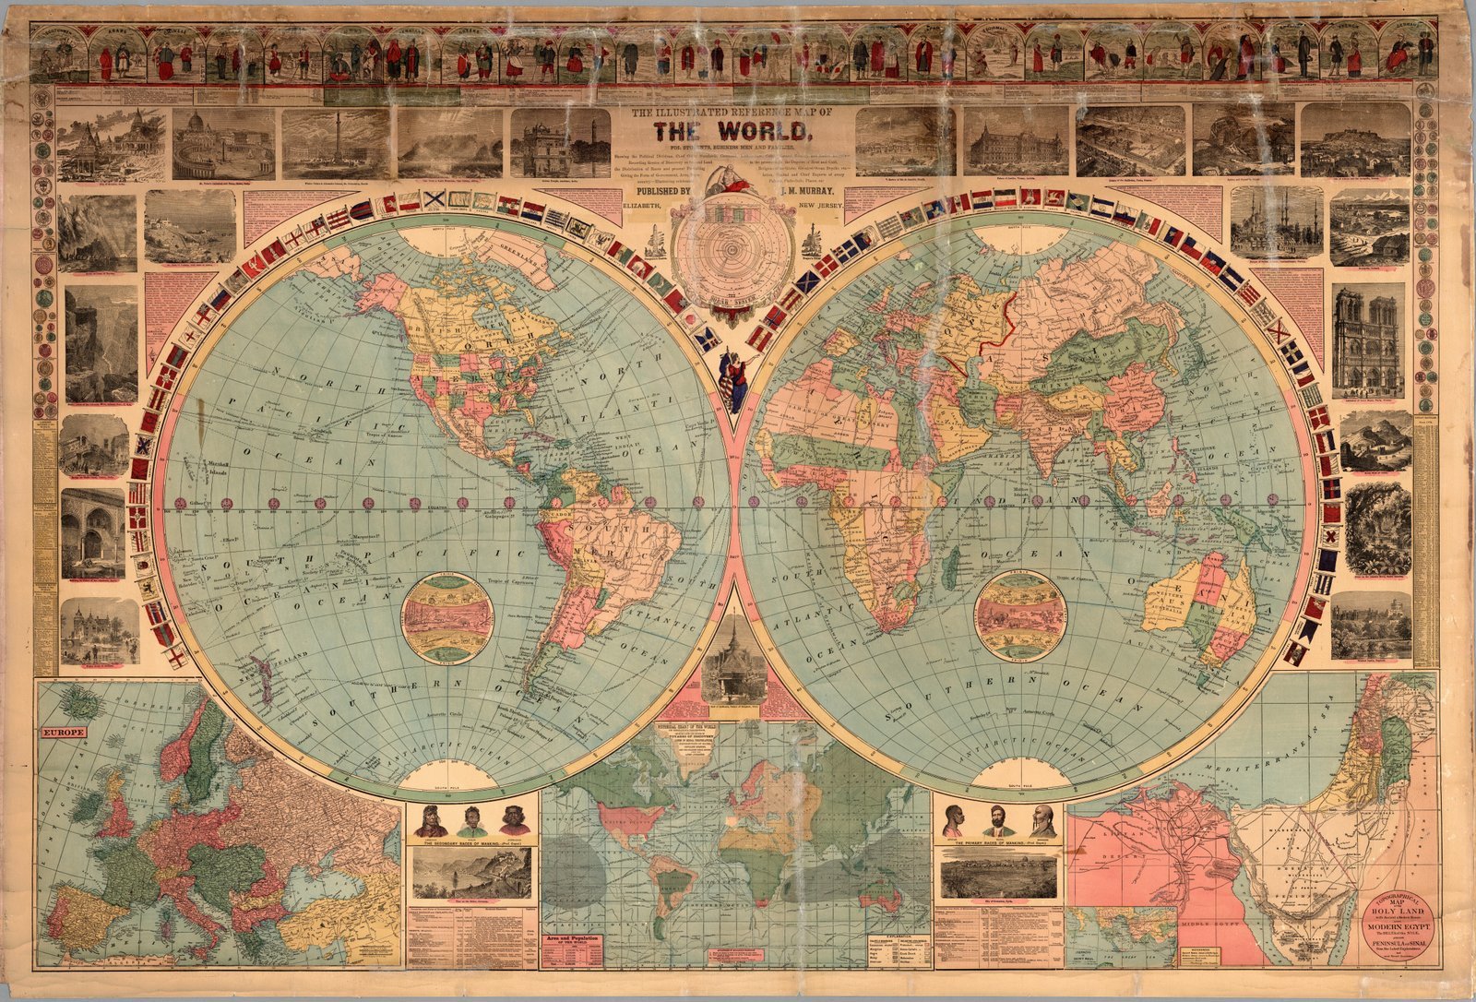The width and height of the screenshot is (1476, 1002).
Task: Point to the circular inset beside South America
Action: tap(447, 617)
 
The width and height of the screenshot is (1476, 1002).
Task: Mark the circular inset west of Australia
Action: tap(1020, 614)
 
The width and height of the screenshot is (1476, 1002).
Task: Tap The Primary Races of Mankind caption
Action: tap(998, 843)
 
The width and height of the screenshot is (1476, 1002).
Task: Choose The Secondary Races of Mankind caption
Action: tap(470, 843)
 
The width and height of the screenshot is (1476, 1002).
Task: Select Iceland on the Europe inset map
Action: tap(85, 703)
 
